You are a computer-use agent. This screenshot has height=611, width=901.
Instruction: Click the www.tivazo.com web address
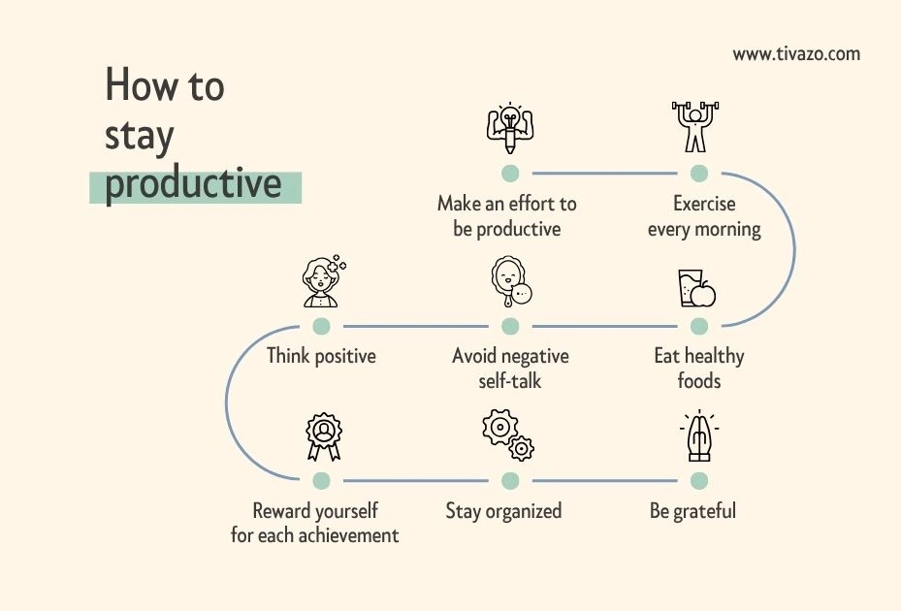(x=796, y=54)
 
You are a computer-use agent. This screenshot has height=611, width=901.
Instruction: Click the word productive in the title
(x=193, y=184)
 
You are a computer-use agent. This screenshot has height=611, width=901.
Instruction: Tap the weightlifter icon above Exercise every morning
(x=695, y=127)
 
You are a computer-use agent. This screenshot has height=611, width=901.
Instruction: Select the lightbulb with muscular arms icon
(x=510, y=128)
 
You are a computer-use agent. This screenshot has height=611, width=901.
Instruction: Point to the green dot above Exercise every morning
(x=698, y=173)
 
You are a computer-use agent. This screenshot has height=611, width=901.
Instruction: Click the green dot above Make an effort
(x=510, y=173)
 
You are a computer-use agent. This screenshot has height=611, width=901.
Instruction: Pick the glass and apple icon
(x=697, y=289)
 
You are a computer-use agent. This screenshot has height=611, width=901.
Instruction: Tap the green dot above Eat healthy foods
(x=698, y=327)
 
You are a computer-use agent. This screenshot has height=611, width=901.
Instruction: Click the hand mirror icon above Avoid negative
(x=511, y=281)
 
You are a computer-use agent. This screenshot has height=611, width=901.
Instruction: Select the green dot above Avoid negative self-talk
(x=510, y=327)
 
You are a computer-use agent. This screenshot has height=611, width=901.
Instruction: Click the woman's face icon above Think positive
(x=324, y=281)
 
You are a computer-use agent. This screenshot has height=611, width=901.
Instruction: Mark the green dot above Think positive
(x=322, y=327)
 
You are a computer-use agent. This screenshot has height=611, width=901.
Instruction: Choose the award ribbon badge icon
(x=324, y=436)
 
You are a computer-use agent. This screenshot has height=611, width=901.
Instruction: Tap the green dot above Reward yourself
(x=322, y=480)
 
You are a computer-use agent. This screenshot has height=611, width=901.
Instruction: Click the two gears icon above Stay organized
(x=508, y=435)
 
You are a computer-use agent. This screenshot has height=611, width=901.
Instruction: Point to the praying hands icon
(x=699, y=435)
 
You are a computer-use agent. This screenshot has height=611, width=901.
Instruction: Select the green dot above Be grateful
(x=698, y=480)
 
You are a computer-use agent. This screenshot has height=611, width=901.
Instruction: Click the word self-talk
(x=510, y=380)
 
